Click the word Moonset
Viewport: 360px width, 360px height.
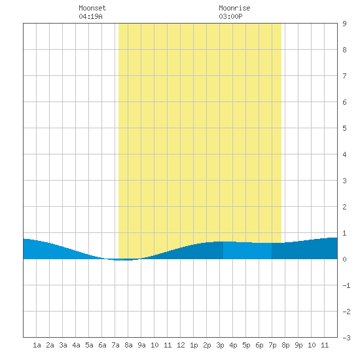pos(92,8)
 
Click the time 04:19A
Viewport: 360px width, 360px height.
pos(90,16)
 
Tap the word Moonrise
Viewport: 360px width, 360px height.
pos(234,8)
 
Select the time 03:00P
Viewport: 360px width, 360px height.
pos(230,16)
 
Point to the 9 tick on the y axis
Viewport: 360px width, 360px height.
pos(344,24)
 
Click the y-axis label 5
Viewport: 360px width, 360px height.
pos(344,128)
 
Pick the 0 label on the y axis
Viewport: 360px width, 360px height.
pos(344,259)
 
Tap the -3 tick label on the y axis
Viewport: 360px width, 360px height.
pos(346,338)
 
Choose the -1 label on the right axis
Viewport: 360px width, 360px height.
pos(346,285)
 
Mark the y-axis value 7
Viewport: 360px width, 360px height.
pos(344,76)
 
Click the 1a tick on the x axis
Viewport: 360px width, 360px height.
pos(37,345)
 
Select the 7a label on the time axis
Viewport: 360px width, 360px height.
pos(115,345)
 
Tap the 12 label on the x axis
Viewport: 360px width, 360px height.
pos(181,345)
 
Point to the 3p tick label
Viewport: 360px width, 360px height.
pos(220,345)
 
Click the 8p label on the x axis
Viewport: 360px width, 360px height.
pos(285,345)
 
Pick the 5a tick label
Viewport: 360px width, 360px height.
pos(89,345)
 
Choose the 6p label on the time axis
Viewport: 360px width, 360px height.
pos(259,345)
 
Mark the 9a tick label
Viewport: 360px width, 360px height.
pos(141,345)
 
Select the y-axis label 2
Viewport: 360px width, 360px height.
pos(344,207)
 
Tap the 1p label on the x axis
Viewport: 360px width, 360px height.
pos(194,345)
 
